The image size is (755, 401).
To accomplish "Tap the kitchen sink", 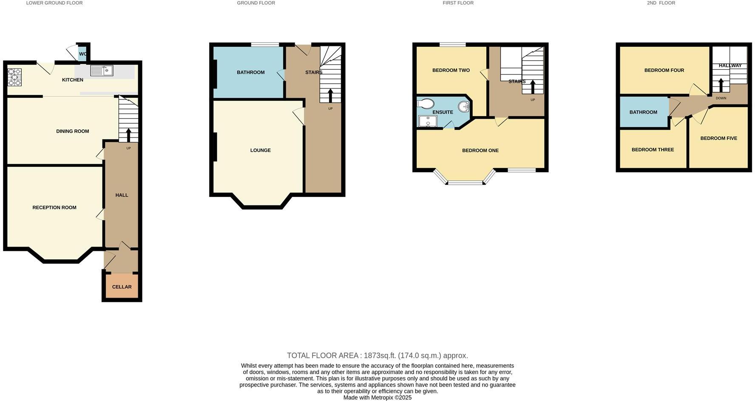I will click(x=102, y=71).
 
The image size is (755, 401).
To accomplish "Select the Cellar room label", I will click(x=122, y=287).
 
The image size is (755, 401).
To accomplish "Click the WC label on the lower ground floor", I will click(x=83, y=54).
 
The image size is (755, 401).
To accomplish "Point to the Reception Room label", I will click(x=54, y=208).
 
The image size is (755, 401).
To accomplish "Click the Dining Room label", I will click(x=73, y=131).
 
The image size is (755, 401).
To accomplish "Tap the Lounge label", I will click(x=260, y=151).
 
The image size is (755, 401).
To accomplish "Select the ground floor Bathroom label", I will click(x=250, y=73).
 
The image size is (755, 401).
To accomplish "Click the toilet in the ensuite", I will click(x=426, y=104).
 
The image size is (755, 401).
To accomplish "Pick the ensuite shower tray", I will click(x=427, y=122).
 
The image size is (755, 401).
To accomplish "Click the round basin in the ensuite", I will click(x=464, y=106).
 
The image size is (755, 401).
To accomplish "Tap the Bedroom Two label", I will click(x=451, y=71).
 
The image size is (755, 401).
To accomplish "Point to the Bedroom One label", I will click(x=480, y=151).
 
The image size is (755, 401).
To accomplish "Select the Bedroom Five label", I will click(x=718, y=138).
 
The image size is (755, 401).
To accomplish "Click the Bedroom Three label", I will click(x=653, y=150).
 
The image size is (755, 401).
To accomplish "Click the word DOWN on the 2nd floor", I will click(x=721, y=98).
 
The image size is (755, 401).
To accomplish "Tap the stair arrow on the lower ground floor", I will click(x=128, y=135).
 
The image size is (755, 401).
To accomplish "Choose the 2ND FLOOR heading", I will click(x=661, y=3).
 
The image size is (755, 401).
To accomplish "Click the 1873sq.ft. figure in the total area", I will click(x=380, y=355).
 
